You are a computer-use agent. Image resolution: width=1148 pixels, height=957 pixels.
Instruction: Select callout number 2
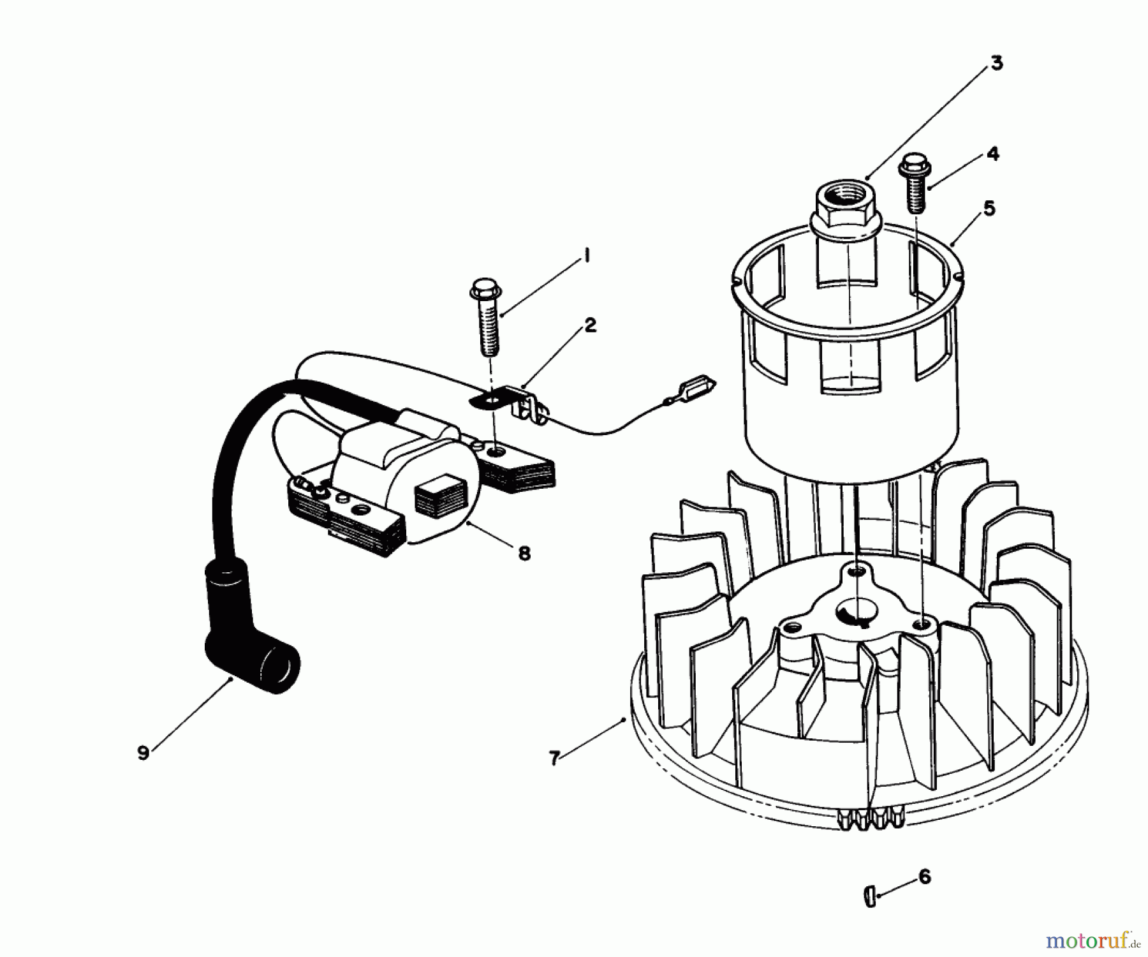(590, 326)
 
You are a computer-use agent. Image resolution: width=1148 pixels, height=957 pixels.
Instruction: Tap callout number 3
(996, 63)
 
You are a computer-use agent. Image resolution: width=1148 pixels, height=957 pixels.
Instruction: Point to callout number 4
(992, 154)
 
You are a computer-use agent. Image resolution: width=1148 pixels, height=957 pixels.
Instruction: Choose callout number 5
(989, 209)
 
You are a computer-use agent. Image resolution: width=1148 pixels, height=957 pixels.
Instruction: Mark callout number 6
(925, 877)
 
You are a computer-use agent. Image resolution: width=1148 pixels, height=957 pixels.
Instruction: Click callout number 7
(554, 758)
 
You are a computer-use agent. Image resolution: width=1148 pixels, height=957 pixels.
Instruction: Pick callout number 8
(524, 553)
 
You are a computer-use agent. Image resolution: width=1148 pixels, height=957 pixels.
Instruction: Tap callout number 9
(143, 753)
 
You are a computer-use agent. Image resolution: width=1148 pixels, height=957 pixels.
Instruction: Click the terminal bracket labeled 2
(510, 401)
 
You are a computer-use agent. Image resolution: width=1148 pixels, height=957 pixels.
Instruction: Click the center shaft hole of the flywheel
(855, 613)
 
